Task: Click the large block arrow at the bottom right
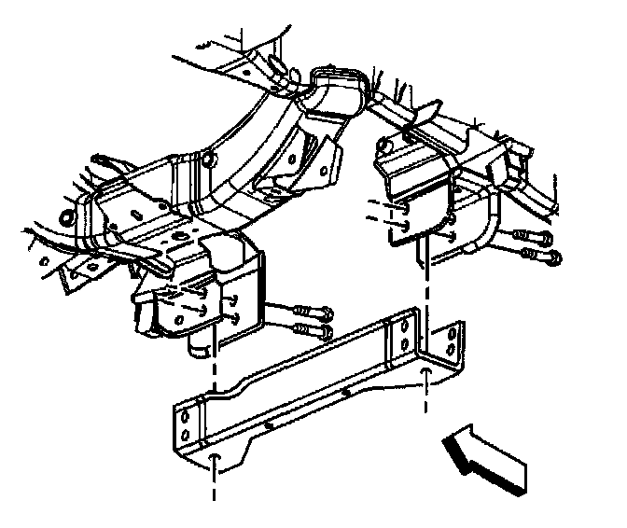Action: click(485, 457)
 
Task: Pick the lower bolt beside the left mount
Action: click(312, 330)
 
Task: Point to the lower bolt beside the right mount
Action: click(539, 254)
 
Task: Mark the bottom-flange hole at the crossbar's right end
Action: click(426, 374)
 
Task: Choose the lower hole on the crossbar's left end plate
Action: click(184, 434)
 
